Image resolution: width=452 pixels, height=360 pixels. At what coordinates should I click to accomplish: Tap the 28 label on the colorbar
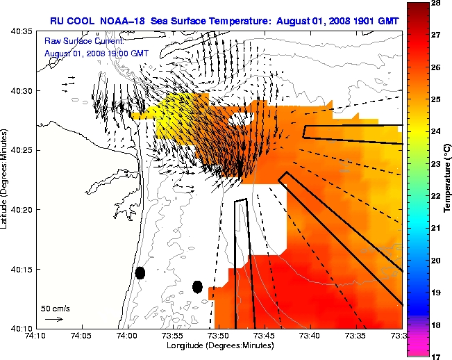pos(437,3)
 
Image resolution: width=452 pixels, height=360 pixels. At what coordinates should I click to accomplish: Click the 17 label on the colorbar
pos(437,356)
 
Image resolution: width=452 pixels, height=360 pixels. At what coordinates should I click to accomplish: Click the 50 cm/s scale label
pos(53,307)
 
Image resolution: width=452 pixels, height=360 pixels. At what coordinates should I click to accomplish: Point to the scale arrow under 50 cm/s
pos(53,319)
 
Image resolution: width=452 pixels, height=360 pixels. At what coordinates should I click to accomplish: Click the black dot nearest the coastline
pos(140,273)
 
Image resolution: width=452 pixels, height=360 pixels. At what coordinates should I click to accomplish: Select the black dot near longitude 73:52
pos(197,286)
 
